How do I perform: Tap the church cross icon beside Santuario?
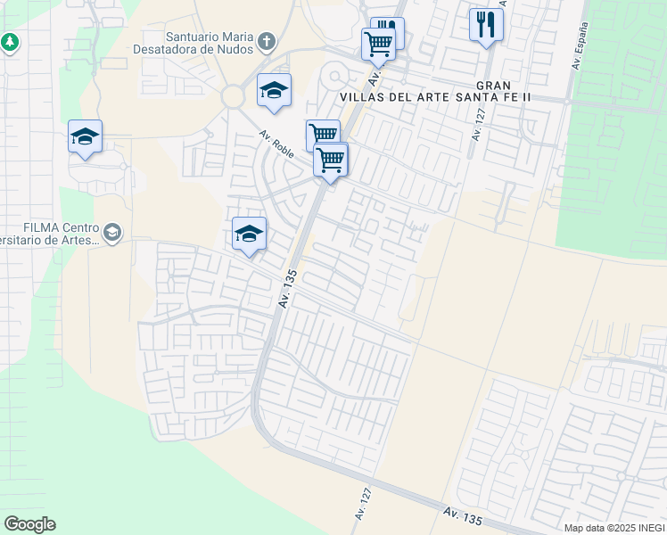pyautogui.click(x=266, y=41)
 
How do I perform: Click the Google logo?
pyautogui.click(x=29, y=524)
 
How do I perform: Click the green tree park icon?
pyautogui.click(x=10, y=42)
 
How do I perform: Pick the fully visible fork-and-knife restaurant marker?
pyautogui.click(x=486, y=24)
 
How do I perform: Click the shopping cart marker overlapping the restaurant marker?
pyautogui.click(x=378, y=43)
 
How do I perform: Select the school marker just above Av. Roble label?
pyautogui.click(x=275, y=89)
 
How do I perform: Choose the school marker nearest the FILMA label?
pyautogui.click(x=249, y=234)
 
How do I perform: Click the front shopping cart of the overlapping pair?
pyautogui.click(x=331, y=160)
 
